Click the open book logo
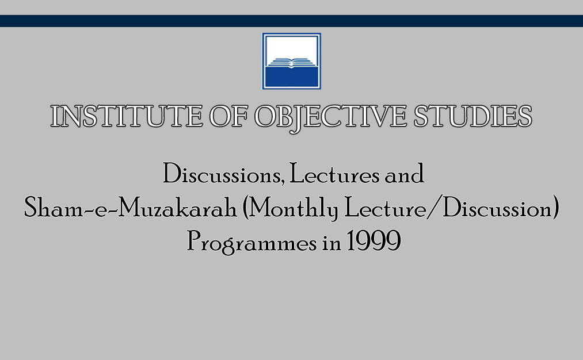pyautogui.click(x=291, y=61)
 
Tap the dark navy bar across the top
pyautogui.click(x=291, y=21)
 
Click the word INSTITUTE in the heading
pyautogui.click(x=127, y=116)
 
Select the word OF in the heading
pyautogui.click(x=228, y=116)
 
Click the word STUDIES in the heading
pyautogui.click(x=473, y=116)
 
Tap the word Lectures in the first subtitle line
pyautogui.click(x=334, y=174)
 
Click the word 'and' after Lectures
pyautogui.click(x=404, y=174)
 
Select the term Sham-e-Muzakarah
pyautogui.click(x=131, y=207)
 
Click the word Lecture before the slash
pyautogui.click(x=386, y=207)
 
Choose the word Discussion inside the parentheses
pyautogui.click(x=497, y=207)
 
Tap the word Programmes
pyautogui.click(x=252, y=242)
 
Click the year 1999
pyautogui.click(x=374, y=241)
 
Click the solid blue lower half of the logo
pyautogui.click(x=291, y=77)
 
